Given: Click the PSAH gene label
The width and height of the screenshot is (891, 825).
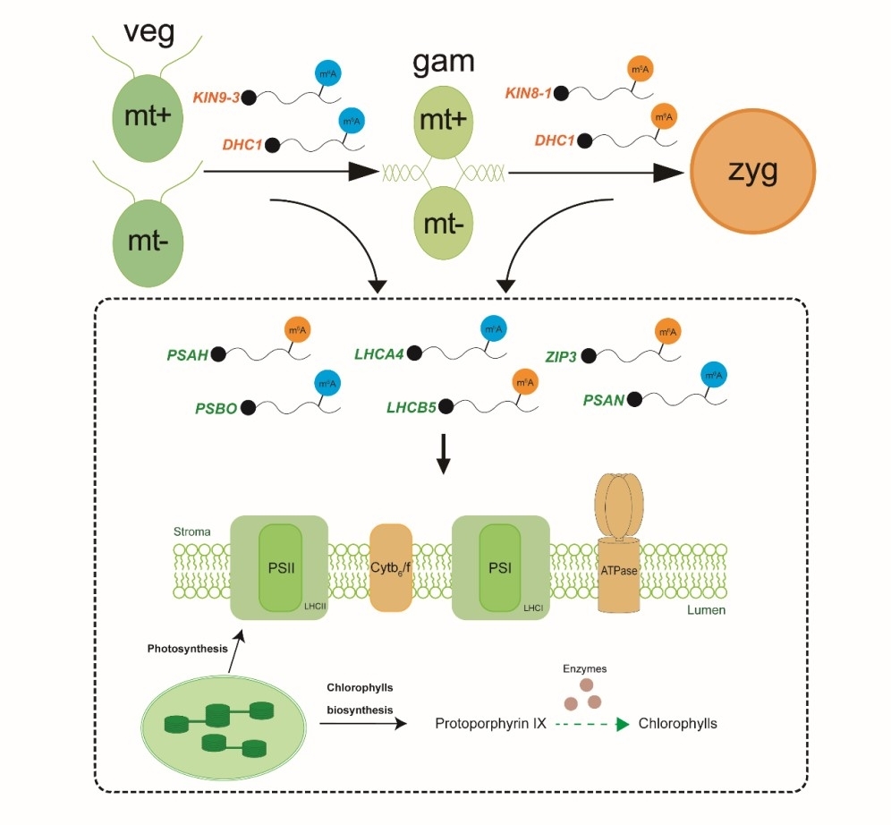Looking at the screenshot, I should (187, 355).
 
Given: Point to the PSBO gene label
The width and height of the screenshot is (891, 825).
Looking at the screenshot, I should (216, 408).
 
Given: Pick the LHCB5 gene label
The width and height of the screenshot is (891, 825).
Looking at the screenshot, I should (411, 408).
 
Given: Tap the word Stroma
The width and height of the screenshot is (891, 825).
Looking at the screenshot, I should (191, 532).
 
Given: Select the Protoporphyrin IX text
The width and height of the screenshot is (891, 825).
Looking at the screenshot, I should (490, 723).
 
